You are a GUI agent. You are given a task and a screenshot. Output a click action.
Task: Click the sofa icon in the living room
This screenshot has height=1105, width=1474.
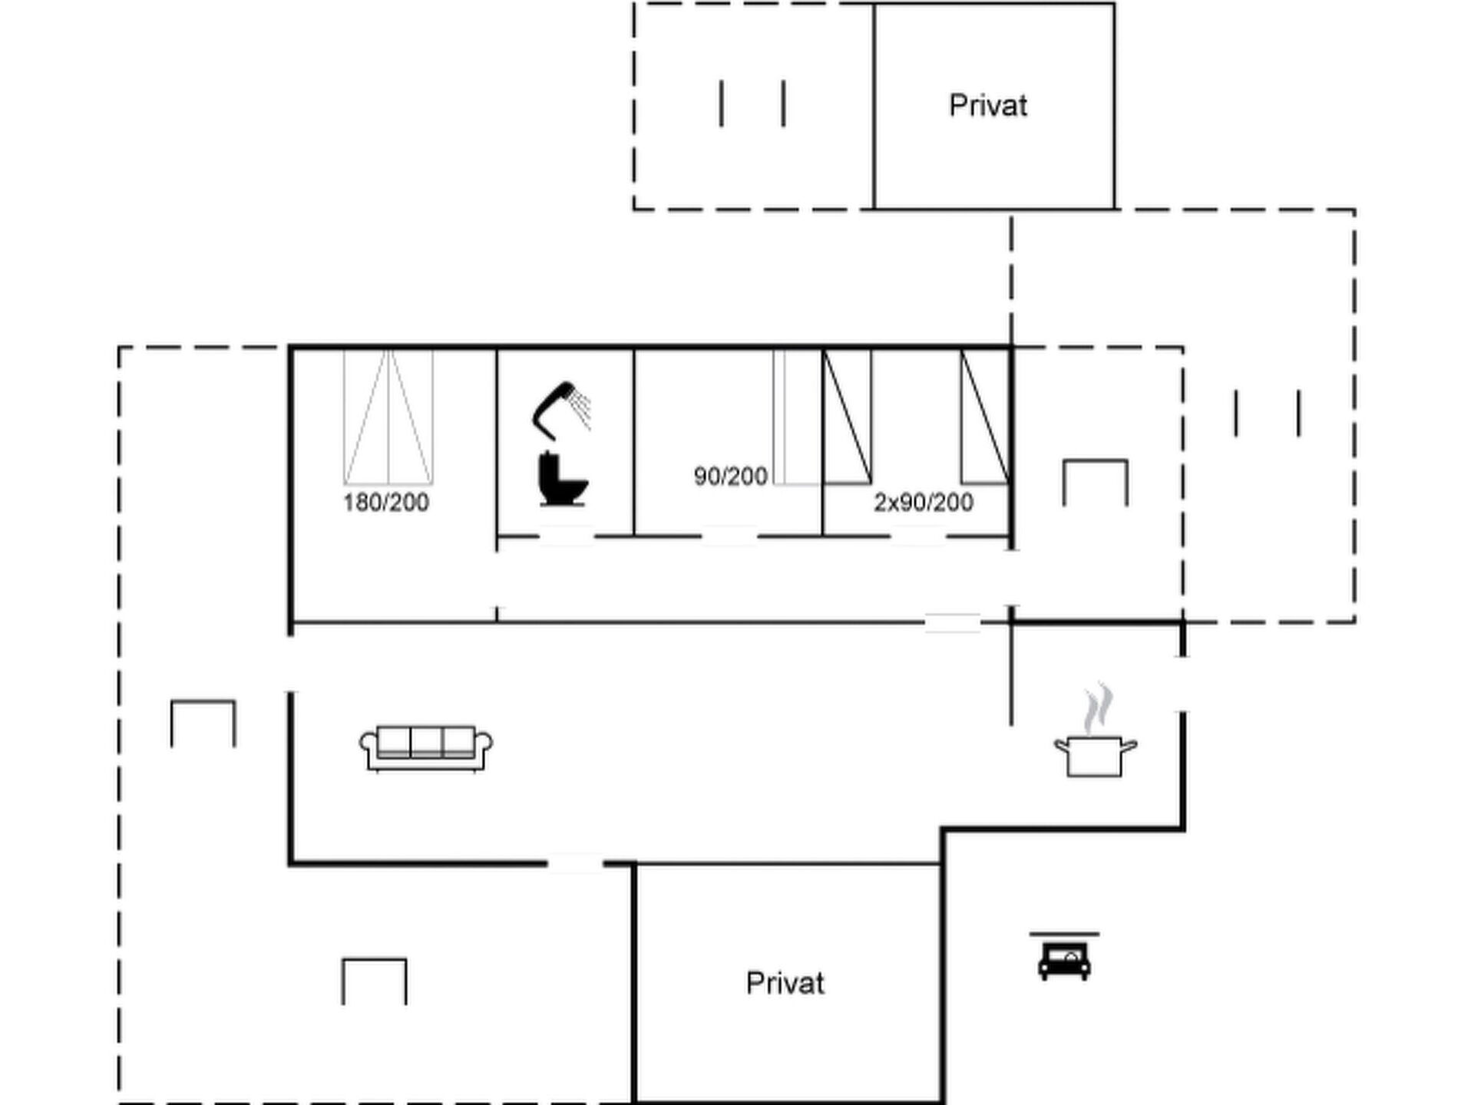coord(426,748)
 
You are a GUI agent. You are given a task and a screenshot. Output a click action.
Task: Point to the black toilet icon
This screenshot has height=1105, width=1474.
coord(563,480)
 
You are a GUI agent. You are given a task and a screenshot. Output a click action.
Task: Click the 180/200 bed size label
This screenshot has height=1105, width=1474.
coord(385,503)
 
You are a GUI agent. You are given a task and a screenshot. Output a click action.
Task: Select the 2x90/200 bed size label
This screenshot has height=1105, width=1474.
coord(924,503)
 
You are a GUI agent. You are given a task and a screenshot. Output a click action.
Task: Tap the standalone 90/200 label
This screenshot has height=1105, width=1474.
coord(730,477)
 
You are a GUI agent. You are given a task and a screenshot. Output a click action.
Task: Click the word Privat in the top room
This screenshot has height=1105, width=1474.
coord(988,105)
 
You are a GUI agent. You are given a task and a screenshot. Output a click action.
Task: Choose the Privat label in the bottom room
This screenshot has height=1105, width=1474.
coord(785,983)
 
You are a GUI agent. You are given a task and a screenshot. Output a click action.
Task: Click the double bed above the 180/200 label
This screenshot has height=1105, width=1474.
coord(388,417)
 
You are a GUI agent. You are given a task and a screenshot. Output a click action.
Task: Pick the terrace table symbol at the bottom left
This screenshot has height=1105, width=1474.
coord(374,981)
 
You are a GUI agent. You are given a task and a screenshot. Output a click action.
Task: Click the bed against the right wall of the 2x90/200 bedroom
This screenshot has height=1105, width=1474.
coord(985,417)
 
